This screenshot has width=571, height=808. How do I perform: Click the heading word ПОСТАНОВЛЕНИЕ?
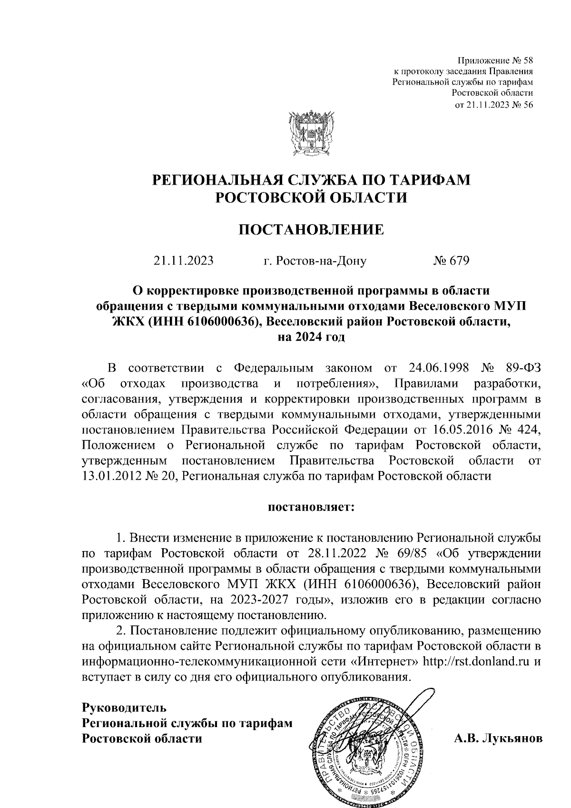(x=311, y=230)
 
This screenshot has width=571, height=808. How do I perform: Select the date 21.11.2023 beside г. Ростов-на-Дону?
(x=183, y=261)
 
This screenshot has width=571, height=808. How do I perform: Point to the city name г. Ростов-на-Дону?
(x=315, y=261)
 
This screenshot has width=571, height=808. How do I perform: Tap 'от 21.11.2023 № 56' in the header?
(x=494, y=106)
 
